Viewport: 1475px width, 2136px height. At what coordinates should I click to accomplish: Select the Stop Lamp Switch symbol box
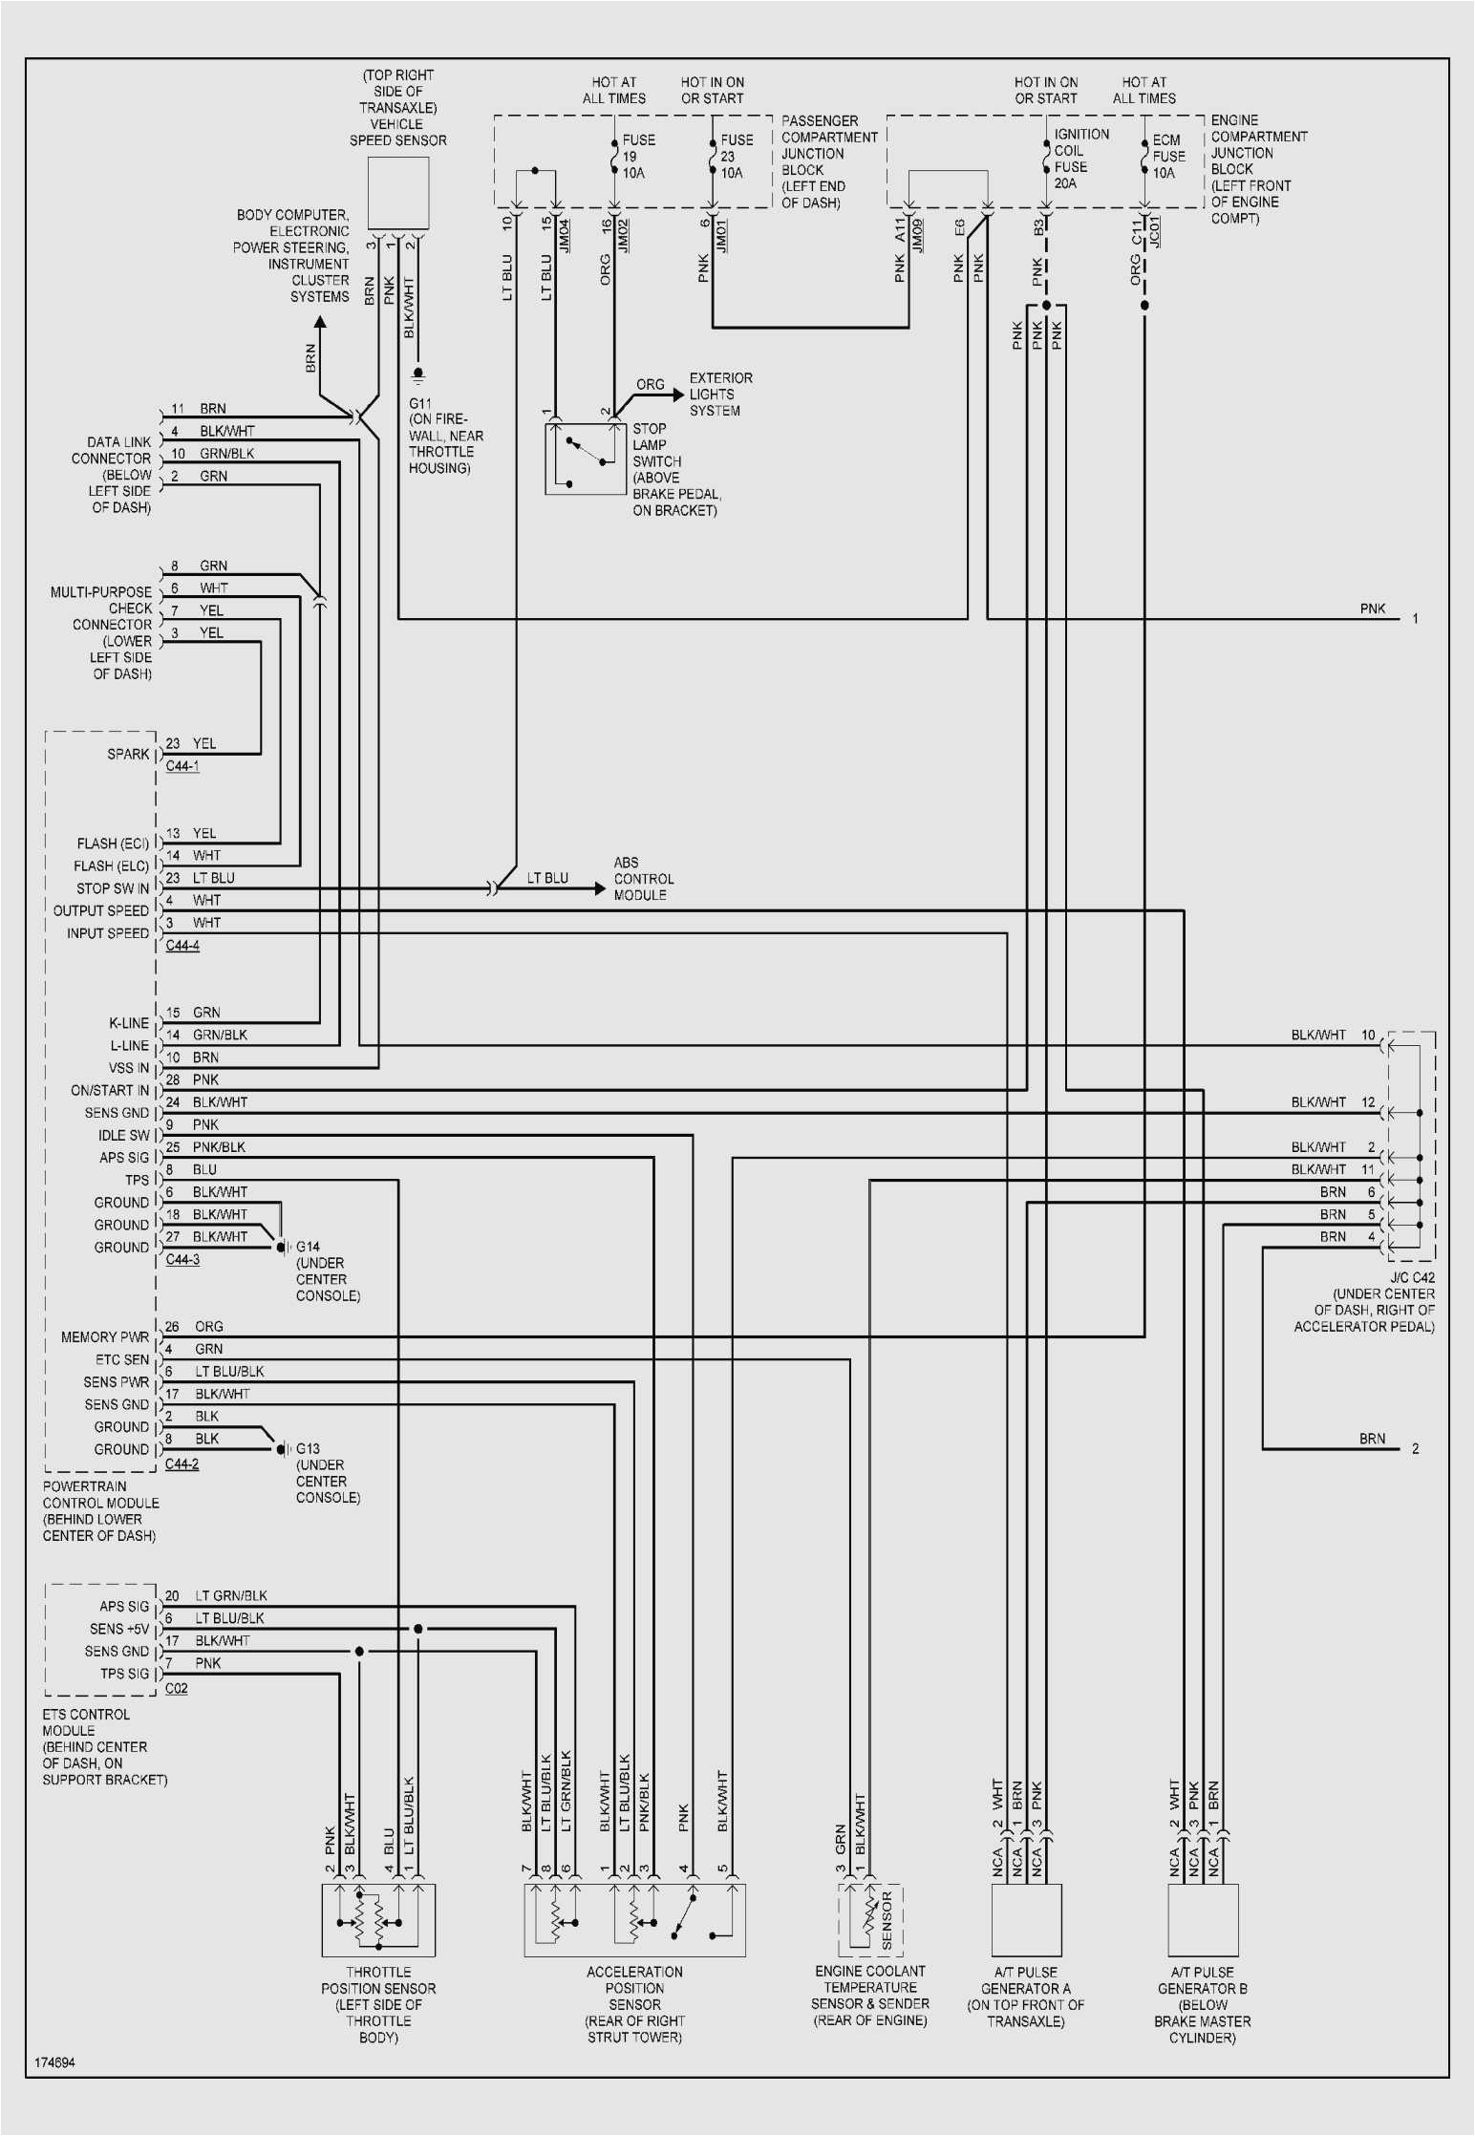click(x=585, y=459)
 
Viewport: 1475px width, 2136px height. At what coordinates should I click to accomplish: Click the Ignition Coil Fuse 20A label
click(x=1080, y=159)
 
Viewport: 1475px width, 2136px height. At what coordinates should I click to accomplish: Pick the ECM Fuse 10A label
click(x=1167, y=157)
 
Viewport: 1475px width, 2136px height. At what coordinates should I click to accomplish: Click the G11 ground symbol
click(x=417, y=374)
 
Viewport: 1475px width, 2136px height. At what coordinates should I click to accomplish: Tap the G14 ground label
click(x=308, y=1247)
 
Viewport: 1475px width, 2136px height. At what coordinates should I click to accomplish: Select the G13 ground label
click(x=308, y=1449)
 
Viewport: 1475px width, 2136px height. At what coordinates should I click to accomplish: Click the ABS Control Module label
click(x=643, y=879)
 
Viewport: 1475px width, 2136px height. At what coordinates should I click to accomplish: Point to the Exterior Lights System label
click(x=720, y=395)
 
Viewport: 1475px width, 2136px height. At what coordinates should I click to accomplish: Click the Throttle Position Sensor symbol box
click(x=378, y=1920)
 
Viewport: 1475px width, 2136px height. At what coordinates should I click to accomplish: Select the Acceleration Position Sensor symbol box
click(x=634, y=1920)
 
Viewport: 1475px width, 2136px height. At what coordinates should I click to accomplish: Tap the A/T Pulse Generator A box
click(x=1027, y=1920)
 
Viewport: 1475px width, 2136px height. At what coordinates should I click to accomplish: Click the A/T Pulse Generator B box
click(x=1203, y=1920)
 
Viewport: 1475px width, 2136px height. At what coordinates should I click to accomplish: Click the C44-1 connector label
click(x=182, y=766)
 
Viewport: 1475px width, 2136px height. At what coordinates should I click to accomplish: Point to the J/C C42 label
click(x=1411, y=1277)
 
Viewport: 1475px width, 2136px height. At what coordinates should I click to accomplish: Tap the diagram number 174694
click(x=54, y=2062)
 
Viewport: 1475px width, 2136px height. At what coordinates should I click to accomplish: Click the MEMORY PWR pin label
click(x=105, y=1337)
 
